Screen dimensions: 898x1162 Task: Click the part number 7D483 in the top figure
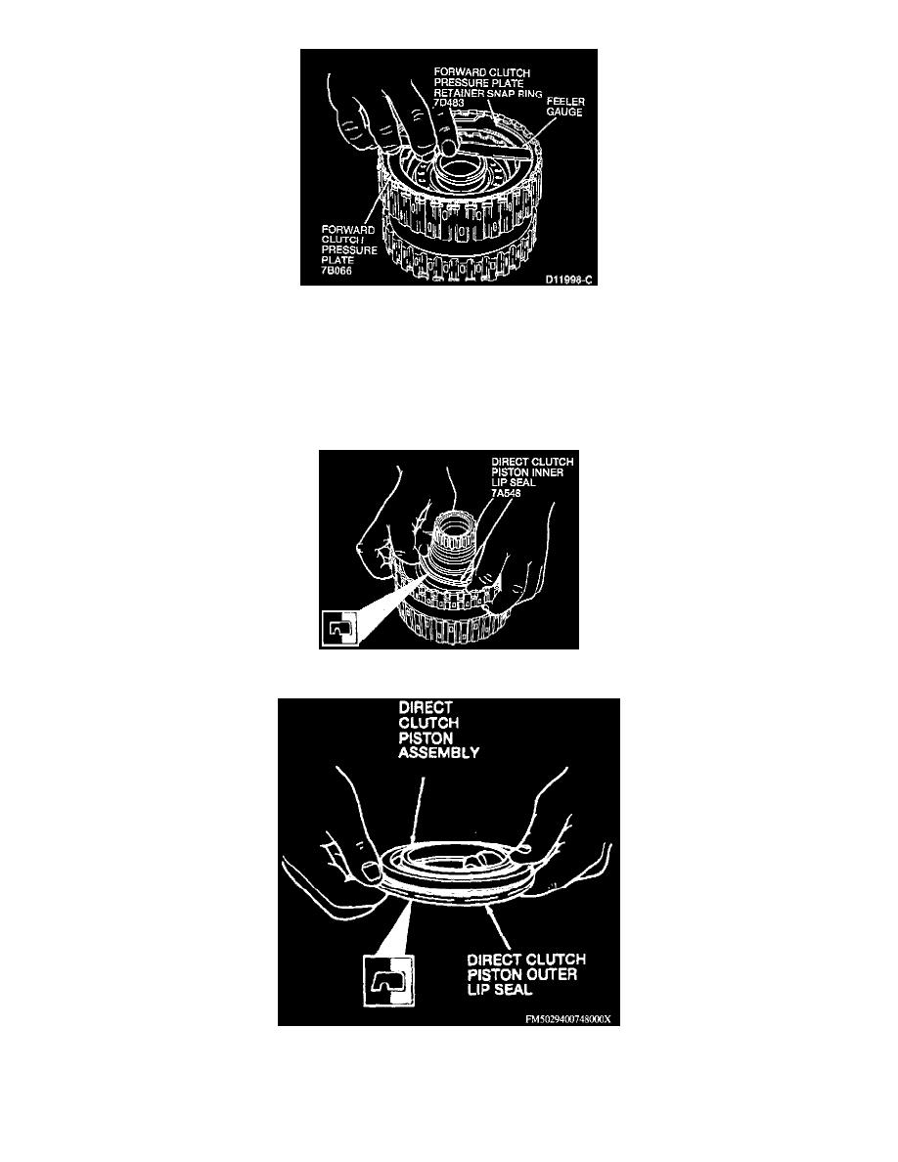449,103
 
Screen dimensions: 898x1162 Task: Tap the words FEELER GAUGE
565,107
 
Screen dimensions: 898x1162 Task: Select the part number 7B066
337,271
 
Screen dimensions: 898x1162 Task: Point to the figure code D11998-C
569,280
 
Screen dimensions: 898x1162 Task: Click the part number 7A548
506,493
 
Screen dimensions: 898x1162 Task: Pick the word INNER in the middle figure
548,472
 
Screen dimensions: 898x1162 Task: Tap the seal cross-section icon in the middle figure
340,628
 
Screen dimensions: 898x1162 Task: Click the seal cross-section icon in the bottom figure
388,980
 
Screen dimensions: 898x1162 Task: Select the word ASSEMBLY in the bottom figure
438,753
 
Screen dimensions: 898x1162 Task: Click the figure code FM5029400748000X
567,1019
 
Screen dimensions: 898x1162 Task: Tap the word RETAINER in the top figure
459,93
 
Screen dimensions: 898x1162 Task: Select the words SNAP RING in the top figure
515,93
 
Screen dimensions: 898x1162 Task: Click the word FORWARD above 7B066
347,230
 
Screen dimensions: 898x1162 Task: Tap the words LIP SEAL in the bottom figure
500,990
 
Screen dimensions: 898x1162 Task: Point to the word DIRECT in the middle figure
508,462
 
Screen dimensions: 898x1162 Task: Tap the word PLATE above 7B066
337,260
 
